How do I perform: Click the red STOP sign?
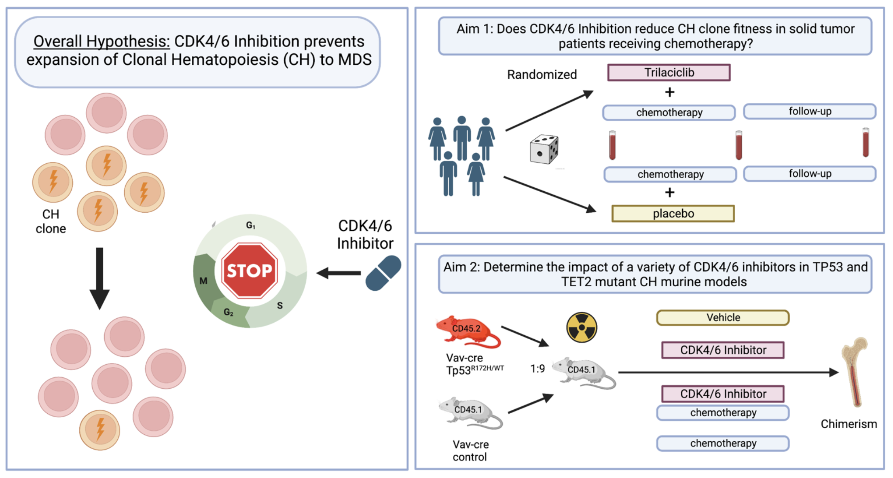tap(250, 271)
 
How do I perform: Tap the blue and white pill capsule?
tap(383, 273)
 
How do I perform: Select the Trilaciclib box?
tap(669, 73)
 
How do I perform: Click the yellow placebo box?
tap(673, 214)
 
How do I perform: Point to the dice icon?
tap(544, 150)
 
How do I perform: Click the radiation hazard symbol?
tap(582, 328)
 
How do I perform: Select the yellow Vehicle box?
tap(723, 318)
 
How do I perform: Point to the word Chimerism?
tap(849, 424)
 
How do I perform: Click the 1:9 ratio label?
tap(537, 369)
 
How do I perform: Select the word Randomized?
tap(542, 75)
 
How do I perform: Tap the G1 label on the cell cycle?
tap(250, 226)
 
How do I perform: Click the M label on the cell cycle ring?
tap(203, 281)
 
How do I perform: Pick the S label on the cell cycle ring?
tap(280, 306)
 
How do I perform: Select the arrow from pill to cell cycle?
tap(339, 273)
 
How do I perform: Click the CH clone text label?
tap(51, 221)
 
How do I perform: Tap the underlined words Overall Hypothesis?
tap(102, 41)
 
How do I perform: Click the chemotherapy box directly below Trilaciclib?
tap(669, 112)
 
